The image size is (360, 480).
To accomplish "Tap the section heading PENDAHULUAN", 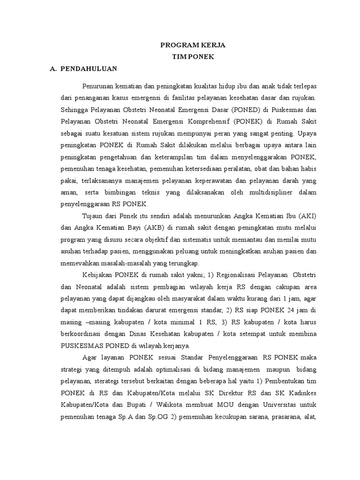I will [x=88, y=68].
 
